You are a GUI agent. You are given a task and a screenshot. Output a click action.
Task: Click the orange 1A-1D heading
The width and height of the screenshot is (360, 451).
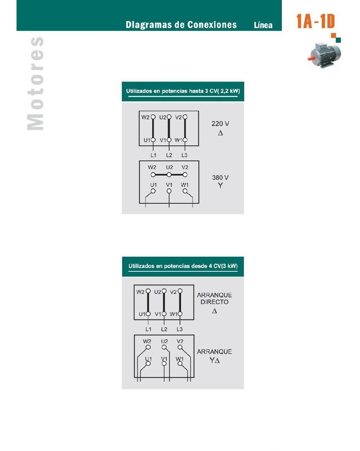coord(315,21)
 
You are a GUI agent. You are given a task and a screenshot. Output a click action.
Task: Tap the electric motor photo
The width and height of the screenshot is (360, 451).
coord(324,55)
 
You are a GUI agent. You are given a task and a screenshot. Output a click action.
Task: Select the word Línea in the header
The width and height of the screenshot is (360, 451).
coord(263,25)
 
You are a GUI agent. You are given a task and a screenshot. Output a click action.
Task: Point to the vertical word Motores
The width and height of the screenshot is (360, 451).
coord(35,83)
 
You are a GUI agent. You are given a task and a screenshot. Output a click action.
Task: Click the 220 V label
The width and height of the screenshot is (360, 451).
coord(220,124)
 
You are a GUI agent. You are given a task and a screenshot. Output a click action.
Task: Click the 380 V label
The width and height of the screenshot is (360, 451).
coord(220,177)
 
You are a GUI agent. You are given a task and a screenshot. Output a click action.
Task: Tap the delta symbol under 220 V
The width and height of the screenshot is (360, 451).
coord(220,133)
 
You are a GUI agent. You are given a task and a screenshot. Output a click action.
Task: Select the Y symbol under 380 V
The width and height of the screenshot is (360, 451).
coord(220,185)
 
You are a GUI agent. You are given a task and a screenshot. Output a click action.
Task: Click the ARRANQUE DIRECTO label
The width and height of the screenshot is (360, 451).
coord(214,298)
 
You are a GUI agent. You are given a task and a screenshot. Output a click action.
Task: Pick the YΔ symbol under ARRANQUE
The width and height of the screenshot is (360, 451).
coord(214,360)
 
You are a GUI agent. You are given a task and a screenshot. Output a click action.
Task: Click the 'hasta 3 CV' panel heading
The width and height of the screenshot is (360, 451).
coord(183,91)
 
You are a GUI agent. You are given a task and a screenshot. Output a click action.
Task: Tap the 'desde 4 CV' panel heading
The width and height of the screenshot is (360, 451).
coord(183,266)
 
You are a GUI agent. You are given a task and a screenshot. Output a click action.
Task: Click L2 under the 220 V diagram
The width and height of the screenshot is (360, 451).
coord(169,155)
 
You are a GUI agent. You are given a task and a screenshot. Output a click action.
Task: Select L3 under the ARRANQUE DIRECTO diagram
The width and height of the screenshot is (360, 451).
coord(179,329)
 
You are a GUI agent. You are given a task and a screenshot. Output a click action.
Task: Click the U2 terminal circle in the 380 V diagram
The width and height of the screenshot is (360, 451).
coord(169,174)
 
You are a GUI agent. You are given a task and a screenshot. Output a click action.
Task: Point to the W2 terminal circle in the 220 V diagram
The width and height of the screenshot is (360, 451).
coord(153,117)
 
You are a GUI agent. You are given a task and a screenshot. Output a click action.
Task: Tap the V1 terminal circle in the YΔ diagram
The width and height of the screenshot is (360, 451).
coord(164,363)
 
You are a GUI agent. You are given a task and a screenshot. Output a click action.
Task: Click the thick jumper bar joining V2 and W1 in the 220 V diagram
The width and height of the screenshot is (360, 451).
coord(185,129)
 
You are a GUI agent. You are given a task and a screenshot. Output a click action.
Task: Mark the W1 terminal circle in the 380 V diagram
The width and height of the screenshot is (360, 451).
coord(185,191)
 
